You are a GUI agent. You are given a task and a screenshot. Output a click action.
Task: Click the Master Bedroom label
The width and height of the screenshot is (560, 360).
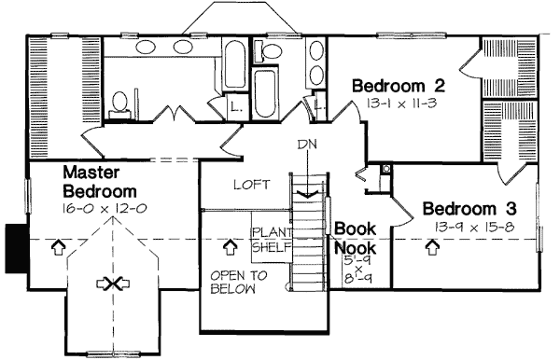[x=97, y=181]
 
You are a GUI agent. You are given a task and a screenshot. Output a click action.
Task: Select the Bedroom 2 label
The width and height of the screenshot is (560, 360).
[x=397, y=86]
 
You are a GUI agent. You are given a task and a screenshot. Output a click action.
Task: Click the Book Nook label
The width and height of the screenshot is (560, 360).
[x=355, y=238]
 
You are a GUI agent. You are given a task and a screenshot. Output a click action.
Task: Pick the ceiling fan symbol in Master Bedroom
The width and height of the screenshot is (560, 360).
[x=114, y=284]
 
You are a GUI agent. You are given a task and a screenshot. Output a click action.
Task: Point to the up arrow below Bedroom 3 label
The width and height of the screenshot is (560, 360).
[x=433, y=248]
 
